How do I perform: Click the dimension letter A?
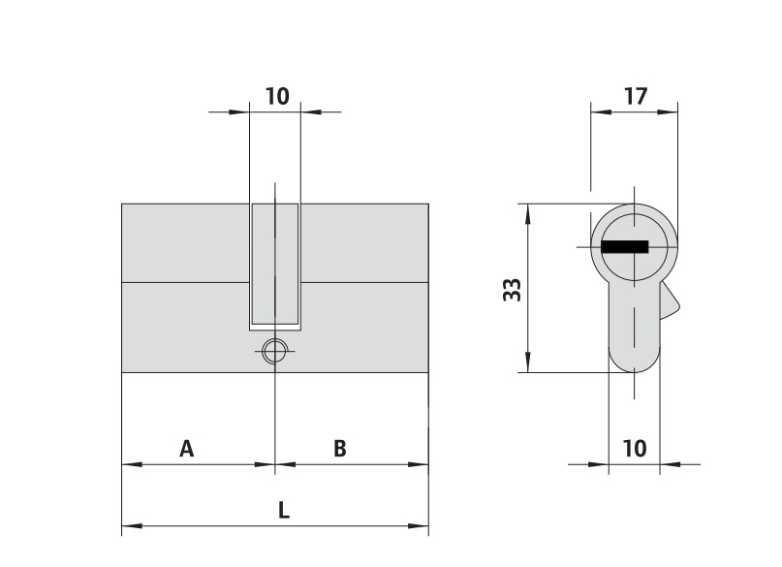(186, 449)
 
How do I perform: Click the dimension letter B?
(339, 449)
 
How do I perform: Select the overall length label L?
(284, 510)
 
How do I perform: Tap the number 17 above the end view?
(636, 96)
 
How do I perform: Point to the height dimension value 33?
(513, 289)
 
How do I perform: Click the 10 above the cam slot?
(277, 96)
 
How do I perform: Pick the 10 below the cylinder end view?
(635, 449)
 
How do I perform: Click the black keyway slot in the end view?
(624, 247)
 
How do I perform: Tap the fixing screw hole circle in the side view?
(275, 351)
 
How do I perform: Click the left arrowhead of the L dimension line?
(132, 525)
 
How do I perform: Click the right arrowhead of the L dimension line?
(419, 525)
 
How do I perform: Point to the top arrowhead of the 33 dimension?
(528, 213)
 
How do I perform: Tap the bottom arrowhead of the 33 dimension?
(528, 362)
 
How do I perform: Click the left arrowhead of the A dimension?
(132, 464)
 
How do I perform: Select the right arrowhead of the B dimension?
(419, 464)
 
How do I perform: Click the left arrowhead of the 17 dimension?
(601, 111)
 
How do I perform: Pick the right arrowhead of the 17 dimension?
(668, 111)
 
